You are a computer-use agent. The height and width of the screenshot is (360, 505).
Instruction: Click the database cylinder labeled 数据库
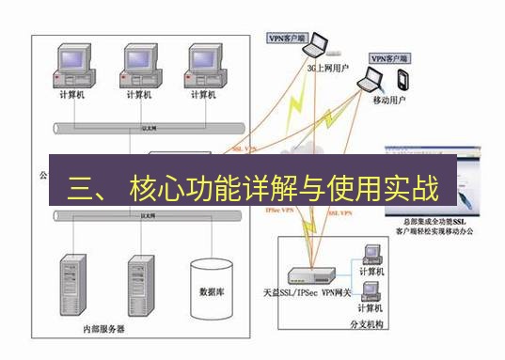pyautogui.click(x=212, y=290)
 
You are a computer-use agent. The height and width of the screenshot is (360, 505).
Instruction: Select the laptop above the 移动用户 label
pyautogui.click(x=369, y=84)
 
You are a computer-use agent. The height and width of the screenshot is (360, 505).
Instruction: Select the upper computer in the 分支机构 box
pyautogui.click(x=371, y=252)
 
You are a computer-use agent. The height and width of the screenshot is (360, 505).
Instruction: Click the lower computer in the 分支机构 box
pyautogui.click(x=371, y=289)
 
